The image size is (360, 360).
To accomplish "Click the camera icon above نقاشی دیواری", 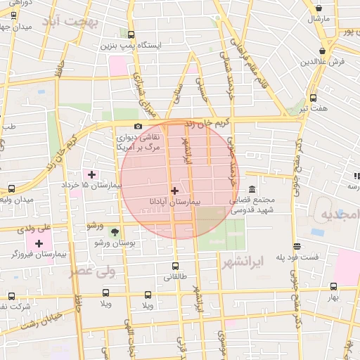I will click(138, 126).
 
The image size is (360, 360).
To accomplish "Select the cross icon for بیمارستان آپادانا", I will click(174, 191).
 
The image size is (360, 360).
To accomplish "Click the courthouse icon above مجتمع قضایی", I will click(252, 188).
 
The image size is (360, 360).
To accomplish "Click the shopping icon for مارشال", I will click(321, 9).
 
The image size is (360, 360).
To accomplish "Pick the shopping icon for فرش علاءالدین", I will click(323, 51).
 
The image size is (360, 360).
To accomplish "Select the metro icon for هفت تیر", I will click(313, 98).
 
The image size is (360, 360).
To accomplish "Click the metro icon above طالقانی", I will click(176, 266).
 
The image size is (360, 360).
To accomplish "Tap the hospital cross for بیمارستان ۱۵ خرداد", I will click(91, 174).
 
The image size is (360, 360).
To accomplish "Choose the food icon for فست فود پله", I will click(297, 247).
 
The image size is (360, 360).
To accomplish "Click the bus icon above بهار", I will click(333, 286).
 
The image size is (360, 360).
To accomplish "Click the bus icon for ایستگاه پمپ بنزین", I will click(131, 34).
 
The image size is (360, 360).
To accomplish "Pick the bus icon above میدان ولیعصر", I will click(11, 189).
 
